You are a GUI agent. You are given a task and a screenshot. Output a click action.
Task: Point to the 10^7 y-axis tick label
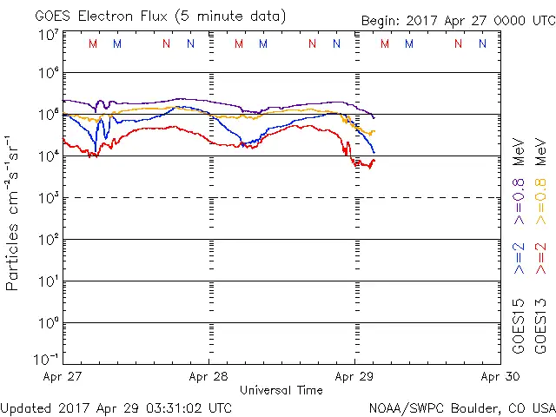(49, 35)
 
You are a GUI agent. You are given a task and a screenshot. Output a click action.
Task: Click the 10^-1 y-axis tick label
(47, 360)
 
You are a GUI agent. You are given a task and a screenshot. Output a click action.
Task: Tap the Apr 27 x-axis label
(63, 377)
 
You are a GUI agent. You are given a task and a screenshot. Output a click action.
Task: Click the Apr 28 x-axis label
(208, 377)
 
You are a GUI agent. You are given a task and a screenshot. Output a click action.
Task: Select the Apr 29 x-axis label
(354, 377)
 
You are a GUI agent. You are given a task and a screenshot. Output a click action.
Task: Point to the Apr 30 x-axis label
(500, 377)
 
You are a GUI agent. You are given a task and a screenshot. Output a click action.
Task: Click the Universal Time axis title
(281, 390)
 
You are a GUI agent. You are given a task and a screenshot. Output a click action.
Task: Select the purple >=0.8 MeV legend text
(520, 182)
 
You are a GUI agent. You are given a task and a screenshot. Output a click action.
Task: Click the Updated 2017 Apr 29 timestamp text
(116, 407)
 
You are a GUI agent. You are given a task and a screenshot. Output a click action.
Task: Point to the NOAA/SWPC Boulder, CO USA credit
(461, 407)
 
